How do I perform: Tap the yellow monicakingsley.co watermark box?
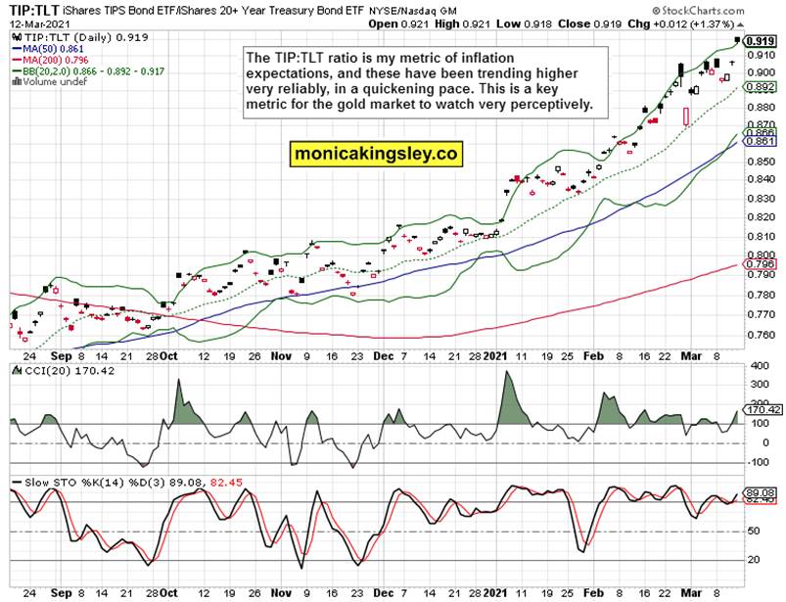[375, 154]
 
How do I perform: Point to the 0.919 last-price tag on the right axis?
[761, 41]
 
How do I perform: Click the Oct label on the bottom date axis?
[168, 592]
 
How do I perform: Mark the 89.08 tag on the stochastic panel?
[760, 492]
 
